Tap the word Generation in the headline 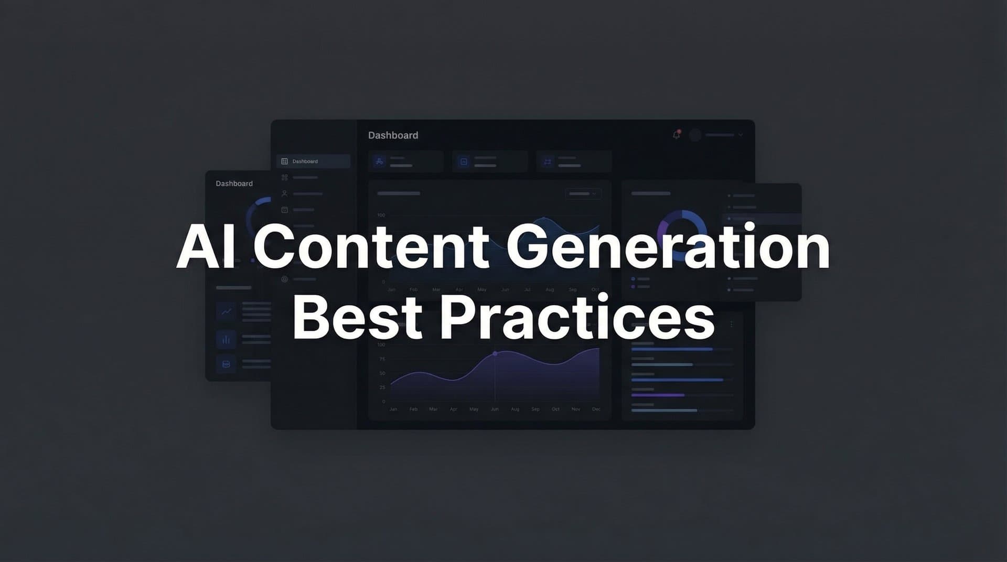click(668, 246)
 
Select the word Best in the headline click(357, 317)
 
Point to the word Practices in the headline click(577, 317)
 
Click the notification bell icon click(677, 135)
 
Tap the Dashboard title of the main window click(393, 135)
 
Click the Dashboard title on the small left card click(234, 183)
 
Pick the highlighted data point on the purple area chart click(495, 354)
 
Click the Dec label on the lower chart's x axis click(596, 409)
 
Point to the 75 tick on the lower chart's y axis click(382, 359)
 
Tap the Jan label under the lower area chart click(393, 409)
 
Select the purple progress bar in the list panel click(658, 395)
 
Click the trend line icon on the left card click(226, 312)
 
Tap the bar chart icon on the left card click(226, 340)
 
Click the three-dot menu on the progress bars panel click(731, 325)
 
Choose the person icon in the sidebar click(284, 193)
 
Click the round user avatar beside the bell click(695, 135)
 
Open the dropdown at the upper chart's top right click(583, 193)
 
